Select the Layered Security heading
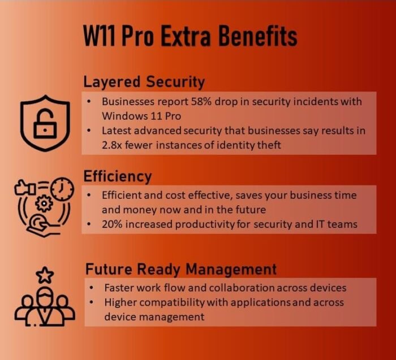[x=144, y=82]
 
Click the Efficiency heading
[x=118, y=176]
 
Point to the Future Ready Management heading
[x=181, y=269]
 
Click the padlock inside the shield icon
[x=45, y=124]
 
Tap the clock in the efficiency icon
[x=62, y=189]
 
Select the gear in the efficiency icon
[x=44, y=203]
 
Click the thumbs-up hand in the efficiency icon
[x=25, y=188]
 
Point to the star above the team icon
[x=45, y=275]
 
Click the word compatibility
[x=172, y=302]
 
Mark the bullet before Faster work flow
[x=91, y=288]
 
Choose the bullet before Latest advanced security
[x=89, y=131]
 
